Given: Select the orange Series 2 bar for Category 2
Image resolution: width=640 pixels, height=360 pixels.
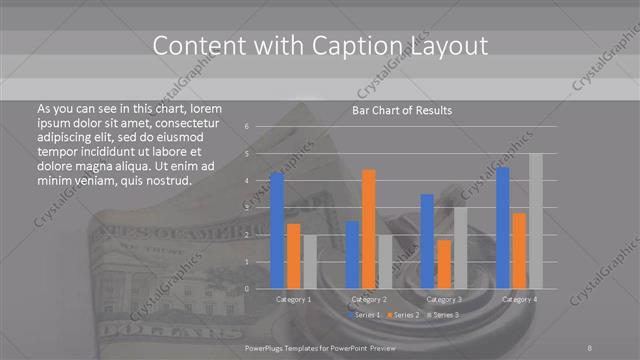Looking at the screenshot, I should (x=368, y=228).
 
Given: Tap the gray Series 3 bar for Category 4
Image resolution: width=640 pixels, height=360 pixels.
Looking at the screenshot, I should (x=535, y=221).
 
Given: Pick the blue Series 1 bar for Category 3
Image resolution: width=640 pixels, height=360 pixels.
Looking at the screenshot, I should (x=427, y=241).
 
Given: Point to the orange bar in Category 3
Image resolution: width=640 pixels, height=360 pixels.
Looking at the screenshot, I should (x=443, y=264).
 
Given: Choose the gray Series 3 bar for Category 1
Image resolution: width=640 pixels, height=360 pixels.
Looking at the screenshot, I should (x=309, y=262).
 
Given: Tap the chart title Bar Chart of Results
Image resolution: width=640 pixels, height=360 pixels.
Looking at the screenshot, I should (x=402, y=110).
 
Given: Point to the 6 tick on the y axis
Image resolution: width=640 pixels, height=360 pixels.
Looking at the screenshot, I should (x=247, y=127).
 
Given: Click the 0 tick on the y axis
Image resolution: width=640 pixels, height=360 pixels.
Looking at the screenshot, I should (x=247, y=288).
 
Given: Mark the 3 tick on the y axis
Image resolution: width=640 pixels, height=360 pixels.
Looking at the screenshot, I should (x=247, y=208).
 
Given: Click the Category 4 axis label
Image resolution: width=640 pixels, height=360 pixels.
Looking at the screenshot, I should (x=519, y=299).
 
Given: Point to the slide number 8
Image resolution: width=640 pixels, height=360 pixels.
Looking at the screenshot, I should (x=590, y=346).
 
